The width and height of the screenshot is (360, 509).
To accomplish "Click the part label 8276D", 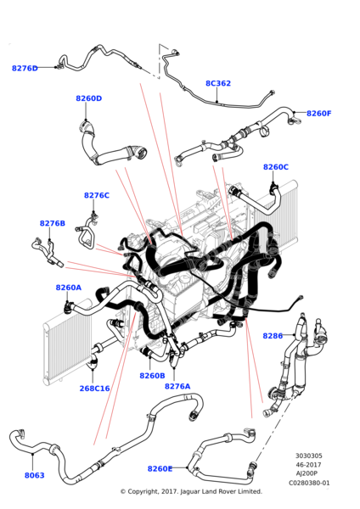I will click(25, 68).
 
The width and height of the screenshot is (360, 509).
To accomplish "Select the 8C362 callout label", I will click(218, 83).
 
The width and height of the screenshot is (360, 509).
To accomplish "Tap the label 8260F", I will click(319, 113).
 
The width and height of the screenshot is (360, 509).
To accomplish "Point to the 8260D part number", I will click(88, 98).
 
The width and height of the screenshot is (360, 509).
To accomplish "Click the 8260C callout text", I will click(276, 167).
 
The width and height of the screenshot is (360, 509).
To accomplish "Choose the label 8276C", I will click(97, 195).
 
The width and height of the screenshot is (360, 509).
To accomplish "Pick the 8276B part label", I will click(52, 223).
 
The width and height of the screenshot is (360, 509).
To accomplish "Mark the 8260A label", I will click(69, 288).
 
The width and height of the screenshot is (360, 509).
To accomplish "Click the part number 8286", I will click(273, 336).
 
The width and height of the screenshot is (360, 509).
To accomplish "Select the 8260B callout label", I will click(152, 375).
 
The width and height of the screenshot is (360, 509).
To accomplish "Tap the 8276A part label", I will click(177, 386).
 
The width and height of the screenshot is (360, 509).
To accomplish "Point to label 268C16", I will click(95, 389).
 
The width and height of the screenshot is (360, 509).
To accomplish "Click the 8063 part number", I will click(35, 476).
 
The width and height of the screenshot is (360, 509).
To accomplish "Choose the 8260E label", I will click(160, 468).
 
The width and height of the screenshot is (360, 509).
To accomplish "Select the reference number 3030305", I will click(310, 456).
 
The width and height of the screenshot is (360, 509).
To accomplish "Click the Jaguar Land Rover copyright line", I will click(190, 491).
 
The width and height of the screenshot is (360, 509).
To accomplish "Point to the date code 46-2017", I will click(310, 464).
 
